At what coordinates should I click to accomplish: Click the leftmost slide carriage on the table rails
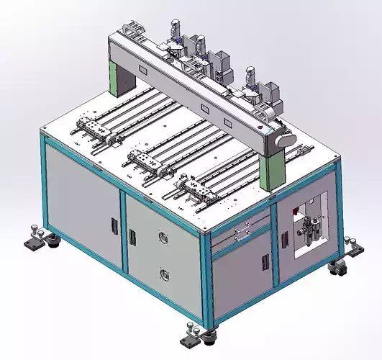pos(91,130)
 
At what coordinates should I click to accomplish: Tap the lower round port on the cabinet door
pos(165,273)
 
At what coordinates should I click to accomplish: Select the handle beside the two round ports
pos(132,236)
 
